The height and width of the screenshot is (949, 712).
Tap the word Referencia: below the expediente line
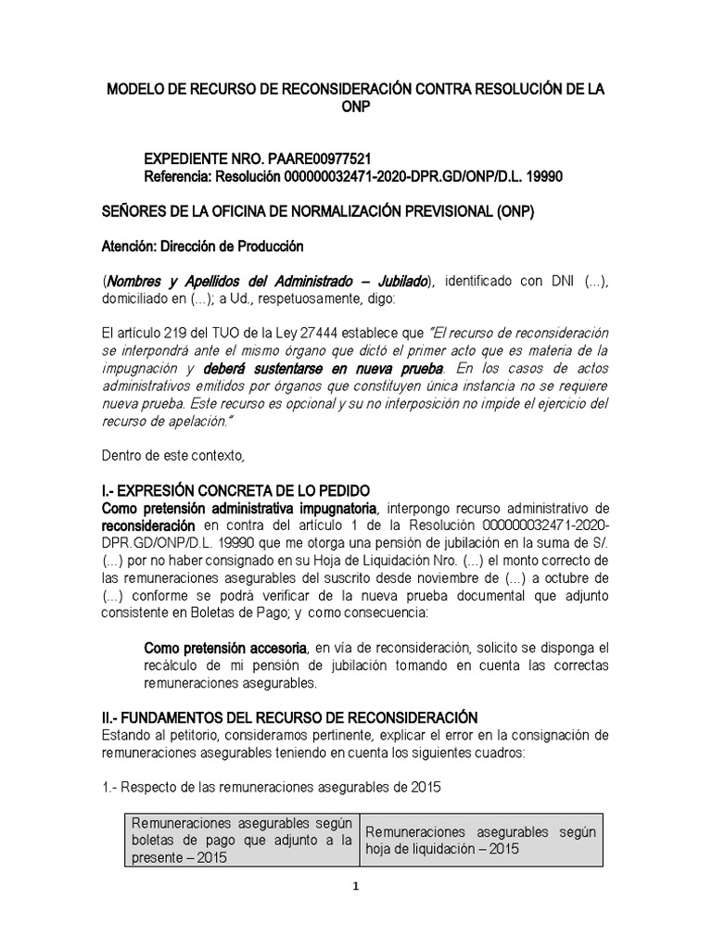coord(182,177)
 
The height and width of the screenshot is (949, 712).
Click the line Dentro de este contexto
coord(172,456)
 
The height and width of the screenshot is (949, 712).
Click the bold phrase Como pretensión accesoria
coord(227,647)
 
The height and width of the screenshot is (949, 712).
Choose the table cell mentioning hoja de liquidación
coord(480,840)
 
